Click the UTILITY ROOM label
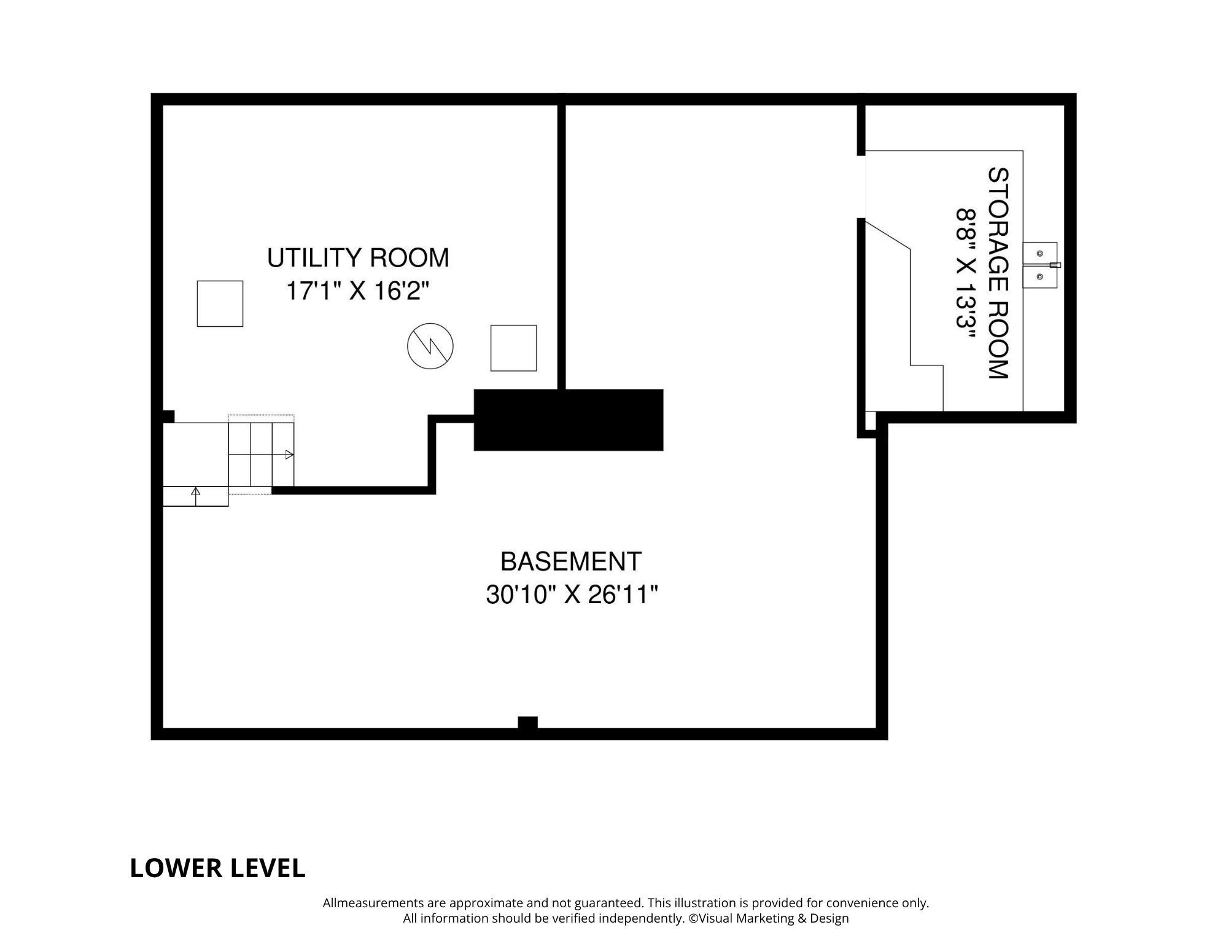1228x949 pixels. coord(358,258)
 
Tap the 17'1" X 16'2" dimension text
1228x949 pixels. coord(357,291)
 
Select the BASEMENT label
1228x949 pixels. coord(571,561)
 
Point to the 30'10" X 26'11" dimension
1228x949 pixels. coord(572,595)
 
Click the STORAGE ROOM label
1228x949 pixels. coord(998,273)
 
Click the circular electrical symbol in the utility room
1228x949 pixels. coord(430,346)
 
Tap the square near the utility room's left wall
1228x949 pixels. coord(220,303)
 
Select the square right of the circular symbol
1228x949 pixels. coord(513,348)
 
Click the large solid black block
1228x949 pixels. coord(569,420)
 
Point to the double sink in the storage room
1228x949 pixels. coord(1040,265)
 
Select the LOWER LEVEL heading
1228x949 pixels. coord(217,868)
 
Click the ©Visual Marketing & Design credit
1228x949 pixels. coord(768,918)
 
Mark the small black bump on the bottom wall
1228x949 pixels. coord(527,722)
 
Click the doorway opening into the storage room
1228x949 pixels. coord(861,186)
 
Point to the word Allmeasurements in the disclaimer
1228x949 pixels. coord(373,903)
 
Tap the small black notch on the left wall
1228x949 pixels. coord(169,416)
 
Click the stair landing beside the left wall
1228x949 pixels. coord(196,454)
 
